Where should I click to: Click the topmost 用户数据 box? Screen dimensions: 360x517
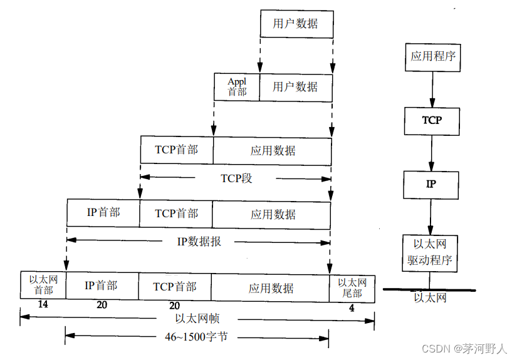tap(296, 24)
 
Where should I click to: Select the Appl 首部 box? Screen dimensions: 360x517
tap(237, 86)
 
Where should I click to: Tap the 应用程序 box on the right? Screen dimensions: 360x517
tap(432, 56)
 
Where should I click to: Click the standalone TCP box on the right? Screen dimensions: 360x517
tap(432, 120)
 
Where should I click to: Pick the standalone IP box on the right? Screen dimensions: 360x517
tap(431, 184)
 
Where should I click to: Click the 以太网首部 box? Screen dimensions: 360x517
tap(43, 285)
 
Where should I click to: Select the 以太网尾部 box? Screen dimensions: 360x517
tap(352, 287)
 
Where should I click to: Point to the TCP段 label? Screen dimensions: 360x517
tap(236, 178)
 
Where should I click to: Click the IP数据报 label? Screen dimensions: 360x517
tap(198, 241)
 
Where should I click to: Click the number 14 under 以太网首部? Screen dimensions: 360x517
tap(43, 305)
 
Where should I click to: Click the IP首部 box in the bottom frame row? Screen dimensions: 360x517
tap(101, 285)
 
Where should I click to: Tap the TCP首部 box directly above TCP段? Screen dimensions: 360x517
tap(177, 150)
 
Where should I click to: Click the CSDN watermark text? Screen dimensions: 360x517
tap(464, 349)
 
